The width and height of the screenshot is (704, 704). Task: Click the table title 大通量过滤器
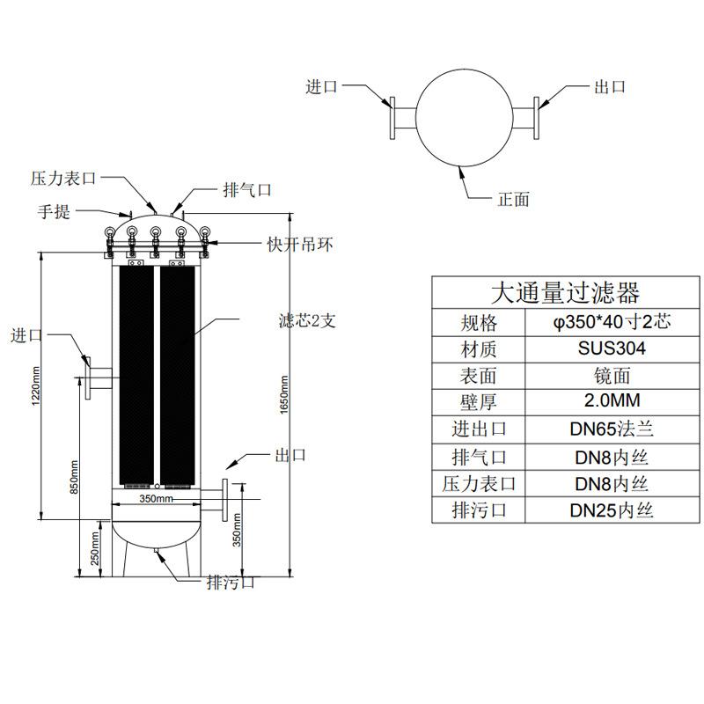(x=565, y=293)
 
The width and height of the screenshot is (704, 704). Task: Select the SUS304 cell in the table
(x=612, y=348)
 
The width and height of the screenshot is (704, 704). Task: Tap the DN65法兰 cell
(x=612, y=429)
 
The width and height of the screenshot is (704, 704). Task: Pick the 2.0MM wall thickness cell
(x=612, y=400)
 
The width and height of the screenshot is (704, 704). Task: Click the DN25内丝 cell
(x=612, y=510)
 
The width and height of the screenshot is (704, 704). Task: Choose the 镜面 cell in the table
(x=612, y=376)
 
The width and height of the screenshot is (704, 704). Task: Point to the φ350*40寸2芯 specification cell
(x=612, y=322)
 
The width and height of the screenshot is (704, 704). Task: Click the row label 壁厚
(x=478, y=402)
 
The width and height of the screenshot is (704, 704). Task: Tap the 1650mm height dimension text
(x=283, y=394)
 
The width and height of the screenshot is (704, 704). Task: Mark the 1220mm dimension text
(x=36, y=386)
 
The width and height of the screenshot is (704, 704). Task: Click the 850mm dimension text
(x=74, y=477)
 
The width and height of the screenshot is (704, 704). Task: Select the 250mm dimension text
(x=95, y=548)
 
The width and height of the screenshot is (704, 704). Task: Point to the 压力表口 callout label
(x=63, y=179)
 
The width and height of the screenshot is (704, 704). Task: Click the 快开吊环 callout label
(x=300, y=245)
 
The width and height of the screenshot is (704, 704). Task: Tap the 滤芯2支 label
(x=307, y=320)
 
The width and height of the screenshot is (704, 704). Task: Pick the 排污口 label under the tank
(x=231, y=583)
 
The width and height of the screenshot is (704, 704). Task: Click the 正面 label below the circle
(x=514, y=199)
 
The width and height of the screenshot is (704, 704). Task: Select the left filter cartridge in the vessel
(x=136, y=376)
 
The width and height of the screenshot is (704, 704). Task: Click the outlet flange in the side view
(x=225, y=500)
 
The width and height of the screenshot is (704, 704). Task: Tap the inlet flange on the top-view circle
(x=392, y=118)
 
